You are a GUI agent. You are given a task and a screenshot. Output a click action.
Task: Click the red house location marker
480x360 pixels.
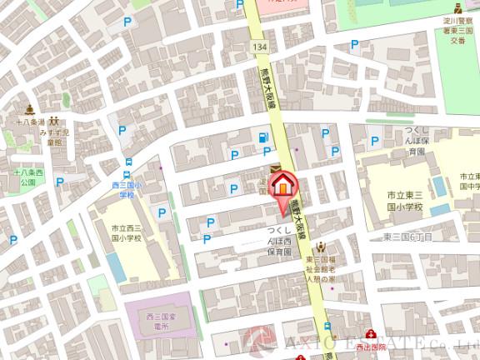coord(284,185)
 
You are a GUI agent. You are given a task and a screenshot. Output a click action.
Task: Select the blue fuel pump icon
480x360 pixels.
coord(264,137)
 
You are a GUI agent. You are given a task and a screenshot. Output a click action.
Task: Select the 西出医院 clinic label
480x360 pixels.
coord(372,344)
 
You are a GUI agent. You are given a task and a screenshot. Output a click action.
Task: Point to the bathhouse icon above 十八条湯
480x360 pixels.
coord(29,108)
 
